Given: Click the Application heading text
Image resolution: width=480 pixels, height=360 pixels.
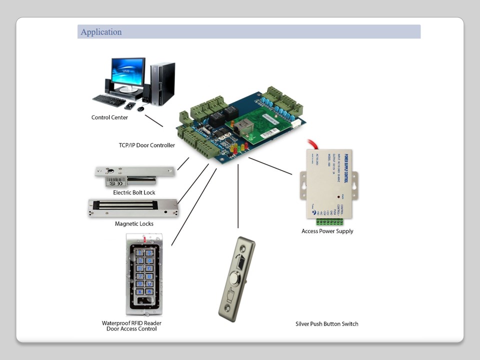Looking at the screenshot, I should tap(101, 32).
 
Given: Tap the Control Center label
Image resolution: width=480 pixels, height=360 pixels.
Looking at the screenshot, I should tap(109, 117).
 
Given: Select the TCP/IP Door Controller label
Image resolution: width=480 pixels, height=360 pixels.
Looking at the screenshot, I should tap(146, 145).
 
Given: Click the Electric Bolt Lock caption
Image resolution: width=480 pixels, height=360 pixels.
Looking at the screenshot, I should tap(134, 192).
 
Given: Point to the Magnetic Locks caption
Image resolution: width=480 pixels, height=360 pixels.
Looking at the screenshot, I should tap(134, 223).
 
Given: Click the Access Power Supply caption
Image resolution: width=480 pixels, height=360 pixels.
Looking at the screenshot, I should tap(327, 231).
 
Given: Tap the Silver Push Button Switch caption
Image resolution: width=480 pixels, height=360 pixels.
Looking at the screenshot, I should tap(326, 323).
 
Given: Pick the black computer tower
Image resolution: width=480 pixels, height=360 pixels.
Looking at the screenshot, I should tap(162, 83).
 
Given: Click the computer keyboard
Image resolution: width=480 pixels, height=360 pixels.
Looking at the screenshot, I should tap(109, 100).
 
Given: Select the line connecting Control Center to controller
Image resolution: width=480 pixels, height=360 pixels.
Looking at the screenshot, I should tap(153, 120).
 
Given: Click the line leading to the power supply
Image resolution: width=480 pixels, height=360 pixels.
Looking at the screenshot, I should tap(270, 166).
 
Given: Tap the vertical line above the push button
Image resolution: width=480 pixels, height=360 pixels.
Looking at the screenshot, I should tap(238, 195).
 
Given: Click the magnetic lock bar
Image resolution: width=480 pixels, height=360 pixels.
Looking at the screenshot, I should tap(133, 205).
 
